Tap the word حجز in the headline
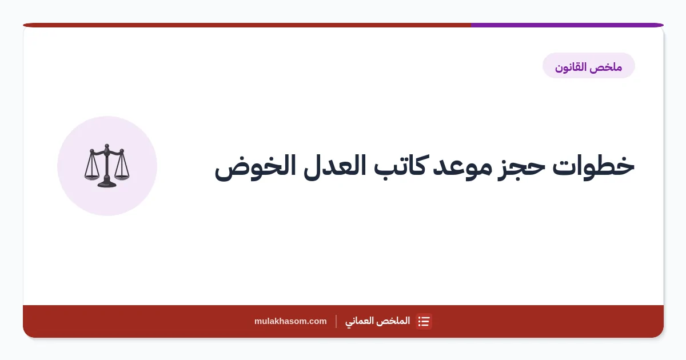click(x=521, y=168)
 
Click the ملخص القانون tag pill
click(x=589, y=66)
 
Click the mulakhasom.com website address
click(x=290, y=321)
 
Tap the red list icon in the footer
click(x=424, y=321)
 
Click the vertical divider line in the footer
click(x=336, y=321)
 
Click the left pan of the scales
click(x=91, y=177)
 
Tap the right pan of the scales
click(x=122, y=177)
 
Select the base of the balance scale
click(x=106, y=184)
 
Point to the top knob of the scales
click(x=106, y=146)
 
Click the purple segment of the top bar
click(x=567, y=25)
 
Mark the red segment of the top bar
click(x=247, y=25)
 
